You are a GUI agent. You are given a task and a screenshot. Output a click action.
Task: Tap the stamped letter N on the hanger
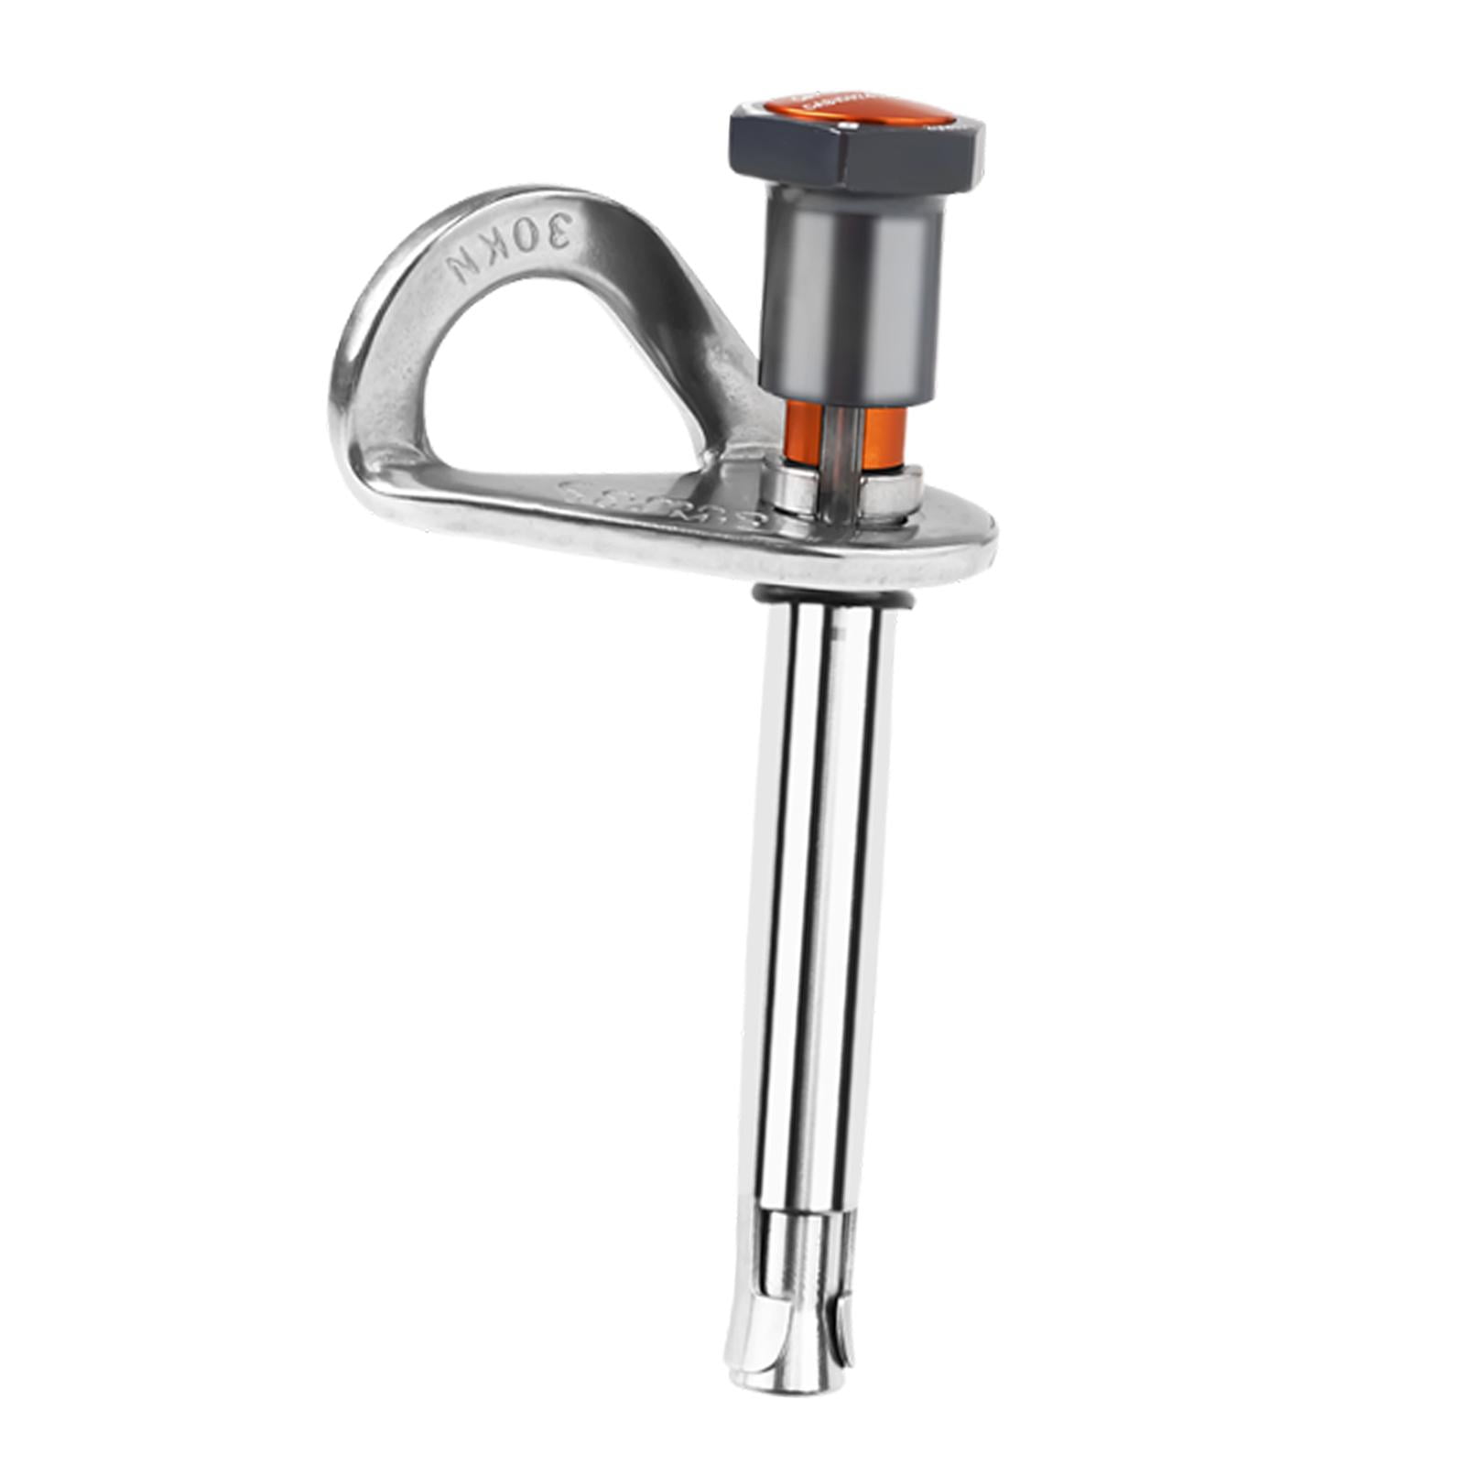(461, 267)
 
